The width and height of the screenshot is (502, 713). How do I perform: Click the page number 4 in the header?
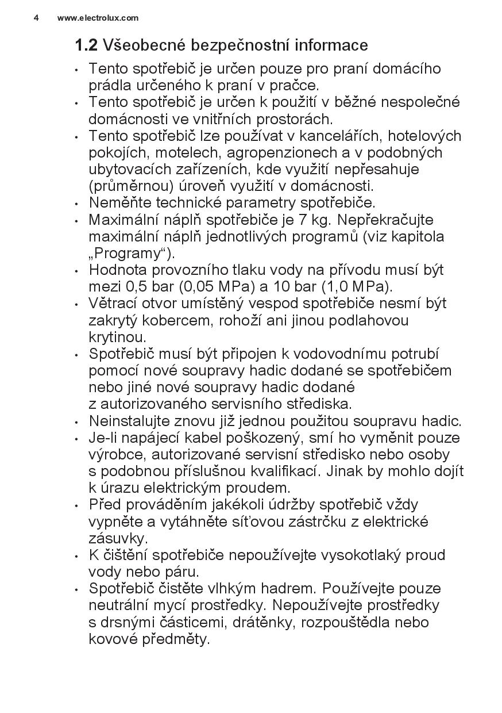[x=36, y=18]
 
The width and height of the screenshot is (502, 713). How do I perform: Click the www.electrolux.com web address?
[x=98, y=18]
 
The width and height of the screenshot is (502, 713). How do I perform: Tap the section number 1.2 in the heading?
[x=86, y=45]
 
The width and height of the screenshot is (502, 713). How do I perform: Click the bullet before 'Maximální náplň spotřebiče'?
[x=77, y=221]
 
